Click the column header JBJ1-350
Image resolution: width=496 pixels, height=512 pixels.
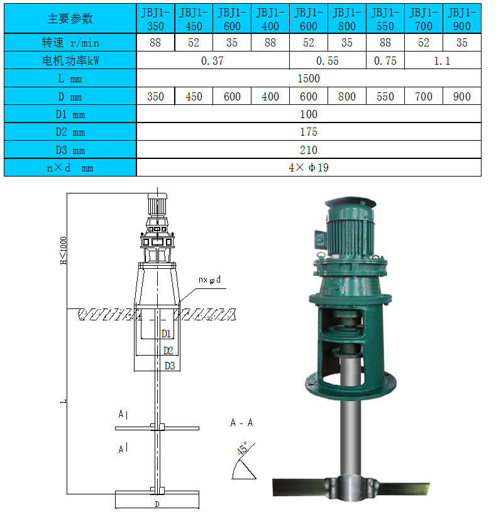pyautogui.click(x=155, y=19)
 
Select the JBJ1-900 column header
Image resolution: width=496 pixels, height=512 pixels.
pyautogui.click(x=461, y=19)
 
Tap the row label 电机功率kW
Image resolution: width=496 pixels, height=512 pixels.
pyautogui.click(x=70, y=60)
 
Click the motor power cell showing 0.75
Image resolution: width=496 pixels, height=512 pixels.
pyautogui.click(x=385, y=61)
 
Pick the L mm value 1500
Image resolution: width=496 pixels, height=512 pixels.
pyautogui.click(x=309, y=79)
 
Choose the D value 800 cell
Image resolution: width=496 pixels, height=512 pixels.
pyautogui.click(x=346, y=96)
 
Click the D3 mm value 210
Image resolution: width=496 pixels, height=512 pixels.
pyautogui.click(x=309, y=150)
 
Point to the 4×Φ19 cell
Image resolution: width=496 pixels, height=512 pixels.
pyautogui.click(x=309, y=168)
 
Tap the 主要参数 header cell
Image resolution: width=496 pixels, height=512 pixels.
pyautogui.click(x=70, y=19)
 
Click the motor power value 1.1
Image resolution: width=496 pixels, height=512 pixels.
pyautogui.click(x=442, y=61)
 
